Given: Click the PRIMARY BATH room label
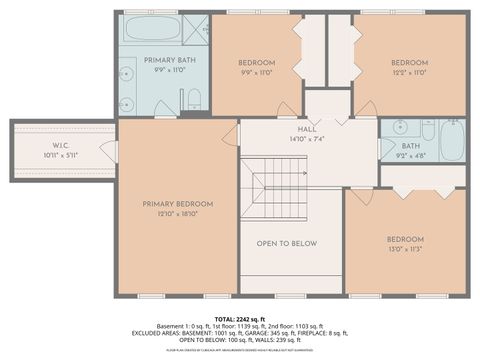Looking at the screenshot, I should click(159, 60).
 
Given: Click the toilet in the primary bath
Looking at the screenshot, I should click(194, 98).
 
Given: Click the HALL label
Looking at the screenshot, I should click(307, 129).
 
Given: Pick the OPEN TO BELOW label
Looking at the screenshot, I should click(287, 243).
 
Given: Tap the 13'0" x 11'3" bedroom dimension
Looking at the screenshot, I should click(406, 249).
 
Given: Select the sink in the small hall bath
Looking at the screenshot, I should click(399, 129).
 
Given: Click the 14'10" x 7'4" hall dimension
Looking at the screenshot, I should click(307, 139).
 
